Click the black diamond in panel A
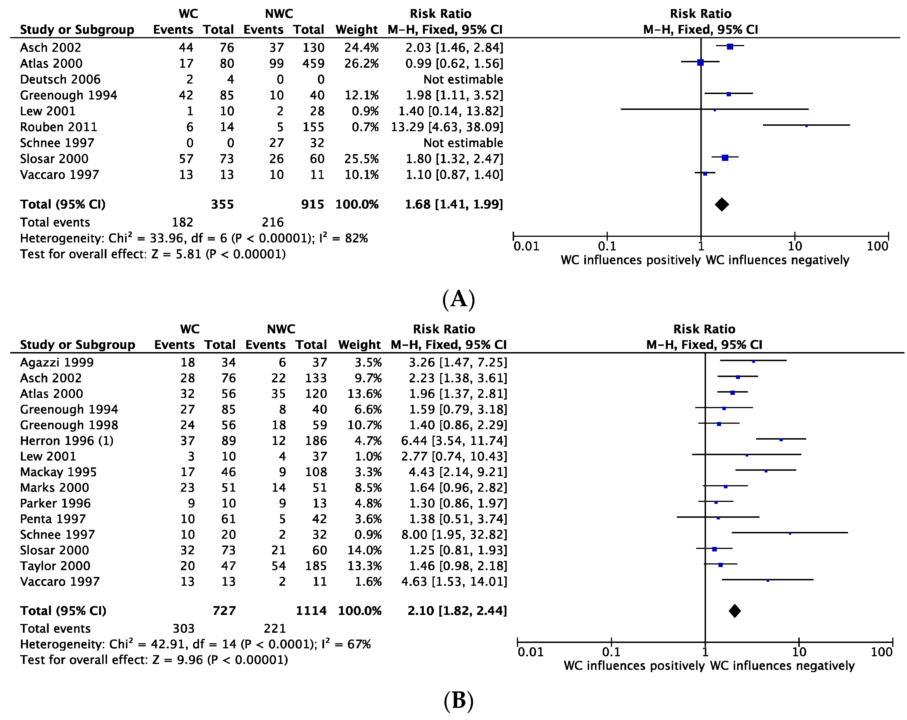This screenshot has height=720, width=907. click(722, 205)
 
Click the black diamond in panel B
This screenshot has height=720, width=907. click(735, 611)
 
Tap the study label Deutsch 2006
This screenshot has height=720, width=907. click(60, 80)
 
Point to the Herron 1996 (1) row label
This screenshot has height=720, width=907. click(67, 441)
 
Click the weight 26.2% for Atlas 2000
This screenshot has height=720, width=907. click(361, 63)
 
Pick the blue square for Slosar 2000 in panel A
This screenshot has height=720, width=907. click(725, 158)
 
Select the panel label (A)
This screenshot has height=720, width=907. click(459, 299)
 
